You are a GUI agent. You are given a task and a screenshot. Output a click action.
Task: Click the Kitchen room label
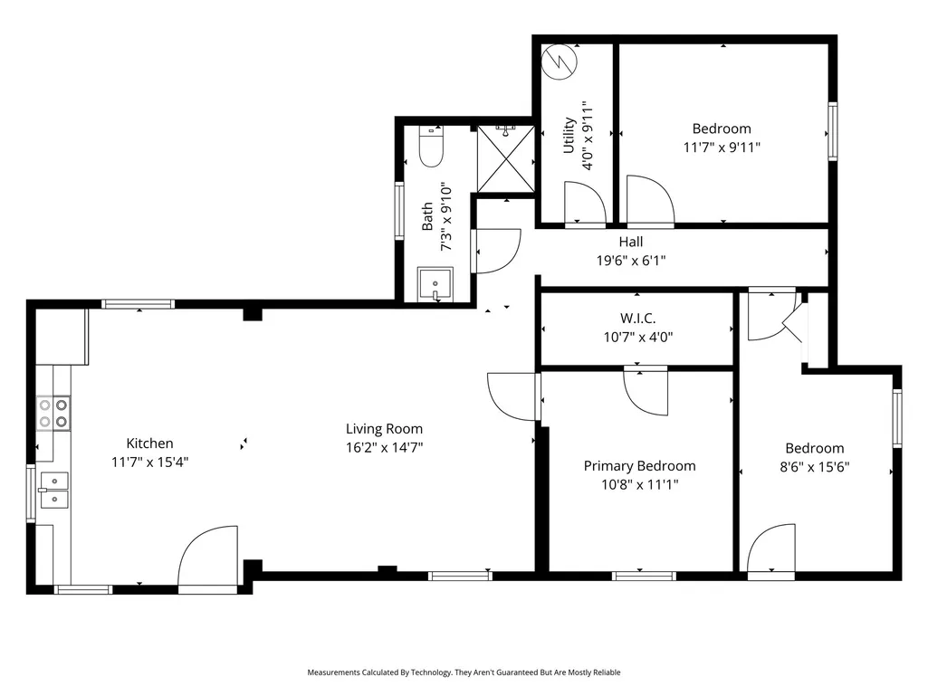tap(149, 443)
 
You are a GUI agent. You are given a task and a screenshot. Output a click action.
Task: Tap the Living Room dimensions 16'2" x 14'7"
tap(384, 447)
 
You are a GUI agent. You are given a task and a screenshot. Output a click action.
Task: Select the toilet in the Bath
tap(432, 147)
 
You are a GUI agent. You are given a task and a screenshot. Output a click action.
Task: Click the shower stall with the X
tap(505, 158)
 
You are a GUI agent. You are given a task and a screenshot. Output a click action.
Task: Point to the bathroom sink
tap(435, 285)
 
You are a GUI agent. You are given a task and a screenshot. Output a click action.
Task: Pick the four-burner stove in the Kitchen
tap(53, 413)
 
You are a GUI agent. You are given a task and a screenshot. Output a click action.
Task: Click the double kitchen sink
tap(53, 491)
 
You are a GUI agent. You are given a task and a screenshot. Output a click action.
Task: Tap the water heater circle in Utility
tap(560, 62)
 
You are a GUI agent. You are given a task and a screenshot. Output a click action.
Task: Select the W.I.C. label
tap(638, 319)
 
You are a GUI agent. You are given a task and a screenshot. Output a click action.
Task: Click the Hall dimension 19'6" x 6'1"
tap(631, 261)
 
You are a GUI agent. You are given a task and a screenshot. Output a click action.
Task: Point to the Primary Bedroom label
tap(640, 466)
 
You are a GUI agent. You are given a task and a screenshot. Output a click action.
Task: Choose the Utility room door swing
tap(585, 203)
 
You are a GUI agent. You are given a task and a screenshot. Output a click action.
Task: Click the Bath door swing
tap(497, 251)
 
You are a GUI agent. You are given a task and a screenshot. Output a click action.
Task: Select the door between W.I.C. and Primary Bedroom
tap(646, 391)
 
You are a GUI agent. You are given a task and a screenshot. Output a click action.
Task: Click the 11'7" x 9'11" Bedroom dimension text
tap(722, 148)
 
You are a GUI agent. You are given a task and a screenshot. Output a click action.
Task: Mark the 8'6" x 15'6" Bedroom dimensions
tap(814, 467)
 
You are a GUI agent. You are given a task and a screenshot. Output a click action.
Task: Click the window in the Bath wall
tap(399, 211)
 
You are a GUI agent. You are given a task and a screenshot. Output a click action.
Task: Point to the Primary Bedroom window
tap(644, 576)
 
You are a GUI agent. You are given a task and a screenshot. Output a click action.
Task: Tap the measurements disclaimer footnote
tap(464, 672)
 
